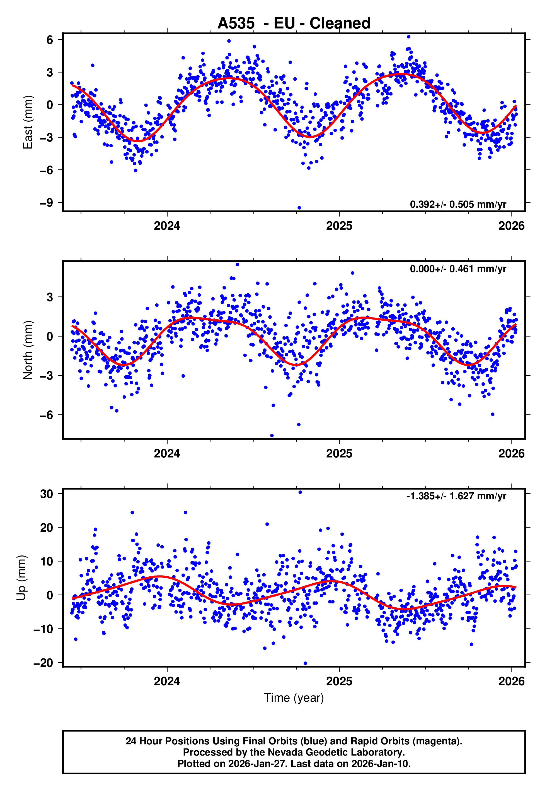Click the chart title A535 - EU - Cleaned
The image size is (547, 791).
(294, 23)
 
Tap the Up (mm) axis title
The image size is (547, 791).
(21, 578)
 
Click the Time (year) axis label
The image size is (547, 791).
(294, 698)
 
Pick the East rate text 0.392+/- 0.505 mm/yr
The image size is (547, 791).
(458, 204)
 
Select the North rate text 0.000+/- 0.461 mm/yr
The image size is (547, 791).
(458, 269)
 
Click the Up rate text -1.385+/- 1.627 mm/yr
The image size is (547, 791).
(456, 496)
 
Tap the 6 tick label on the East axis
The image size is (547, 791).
(50, 40)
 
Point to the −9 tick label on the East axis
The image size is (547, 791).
(47, 203)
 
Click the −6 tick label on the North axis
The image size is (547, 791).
(47, 415)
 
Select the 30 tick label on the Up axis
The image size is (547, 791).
(47, 494)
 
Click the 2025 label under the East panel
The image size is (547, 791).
(339, 226)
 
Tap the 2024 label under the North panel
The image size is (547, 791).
(167, 454)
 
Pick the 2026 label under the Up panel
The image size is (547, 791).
(511, 681)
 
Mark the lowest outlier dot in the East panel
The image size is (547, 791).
(299, 208)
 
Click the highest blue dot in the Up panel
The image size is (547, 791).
(300, 492)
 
